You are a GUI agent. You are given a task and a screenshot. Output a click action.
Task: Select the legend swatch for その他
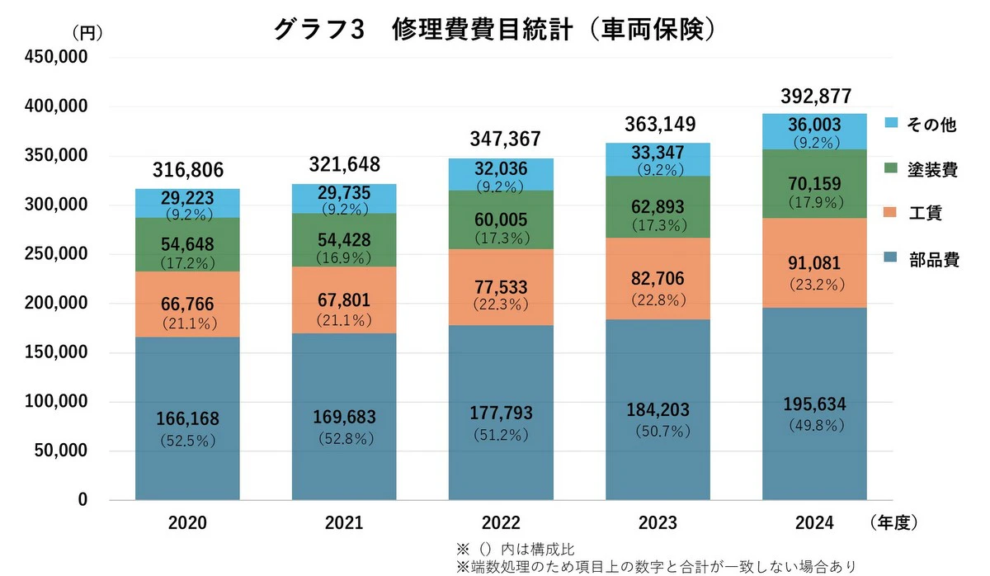pyautogui.click(x=891, y=122)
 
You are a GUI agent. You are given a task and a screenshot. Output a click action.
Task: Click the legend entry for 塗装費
pyautogui.click(x=921, y=169)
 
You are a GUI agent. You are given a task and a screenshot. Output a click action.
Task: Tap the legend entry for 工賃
pyautogui.click(x=913, y=213)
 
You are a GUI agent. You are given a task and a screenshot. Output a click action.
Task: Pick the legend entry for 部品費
pyautogui.click(x=922, y=259)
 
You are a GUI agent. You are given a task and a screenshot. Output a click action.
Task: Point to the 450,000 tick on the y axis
pyautogui.click(x=56, y=57)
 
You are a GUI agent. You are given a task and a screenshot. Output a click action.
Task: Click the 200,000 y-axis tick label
pyautogui.click(x=56, y=303)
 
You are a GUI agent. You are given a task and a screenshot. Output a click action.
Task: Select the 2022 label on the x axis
pyautogui.click(x=501, y=523)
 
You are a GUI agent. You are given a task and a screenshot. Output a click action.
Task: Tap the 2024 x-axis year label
pyautogui.click(x=814, y=523)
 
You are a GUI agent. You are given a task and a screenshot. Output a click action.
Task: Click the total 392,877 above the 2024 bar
pyautogui.click(x=816, y=97)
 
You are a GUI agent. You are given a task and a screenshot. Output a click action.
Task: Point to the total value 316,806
pyautogui.click(x=188, y=170)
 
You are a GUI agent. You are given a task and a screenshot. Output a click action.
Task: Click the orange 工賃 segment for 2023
pyautogui.click(x=658, y=278)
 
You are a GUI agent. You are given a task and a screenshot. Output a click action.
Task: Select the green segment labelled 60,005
pyautogui.click(x=501, y=220)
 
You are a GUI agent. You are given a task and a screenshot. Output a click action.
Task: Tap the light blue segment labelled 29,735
pyautogui.click(x=344, y=199)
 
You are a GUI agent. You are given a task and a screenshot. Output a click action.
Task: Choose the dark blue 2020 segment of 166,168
pyautogui.click(x=187, y=418)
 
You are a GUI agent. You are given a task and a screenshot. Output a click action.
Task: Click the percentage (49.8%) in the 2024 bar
pyautogui.click(x=817, y=425)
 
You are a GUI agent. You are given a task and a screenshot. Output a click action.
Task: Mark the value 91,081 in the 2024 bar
pyautogui.click(x=814, y=263)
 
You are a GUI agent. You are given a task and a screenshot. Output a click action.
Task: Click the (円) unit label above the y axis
pyautogui.click(x=87, y=32)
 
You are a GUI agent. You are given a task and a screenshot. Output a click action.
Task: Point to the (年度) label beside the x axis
pyautogui.click(x=893, y=522)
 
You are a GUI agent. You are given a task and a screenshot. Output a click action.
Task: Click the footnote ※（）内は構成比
pyautogui.click(x=516, y=549)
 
